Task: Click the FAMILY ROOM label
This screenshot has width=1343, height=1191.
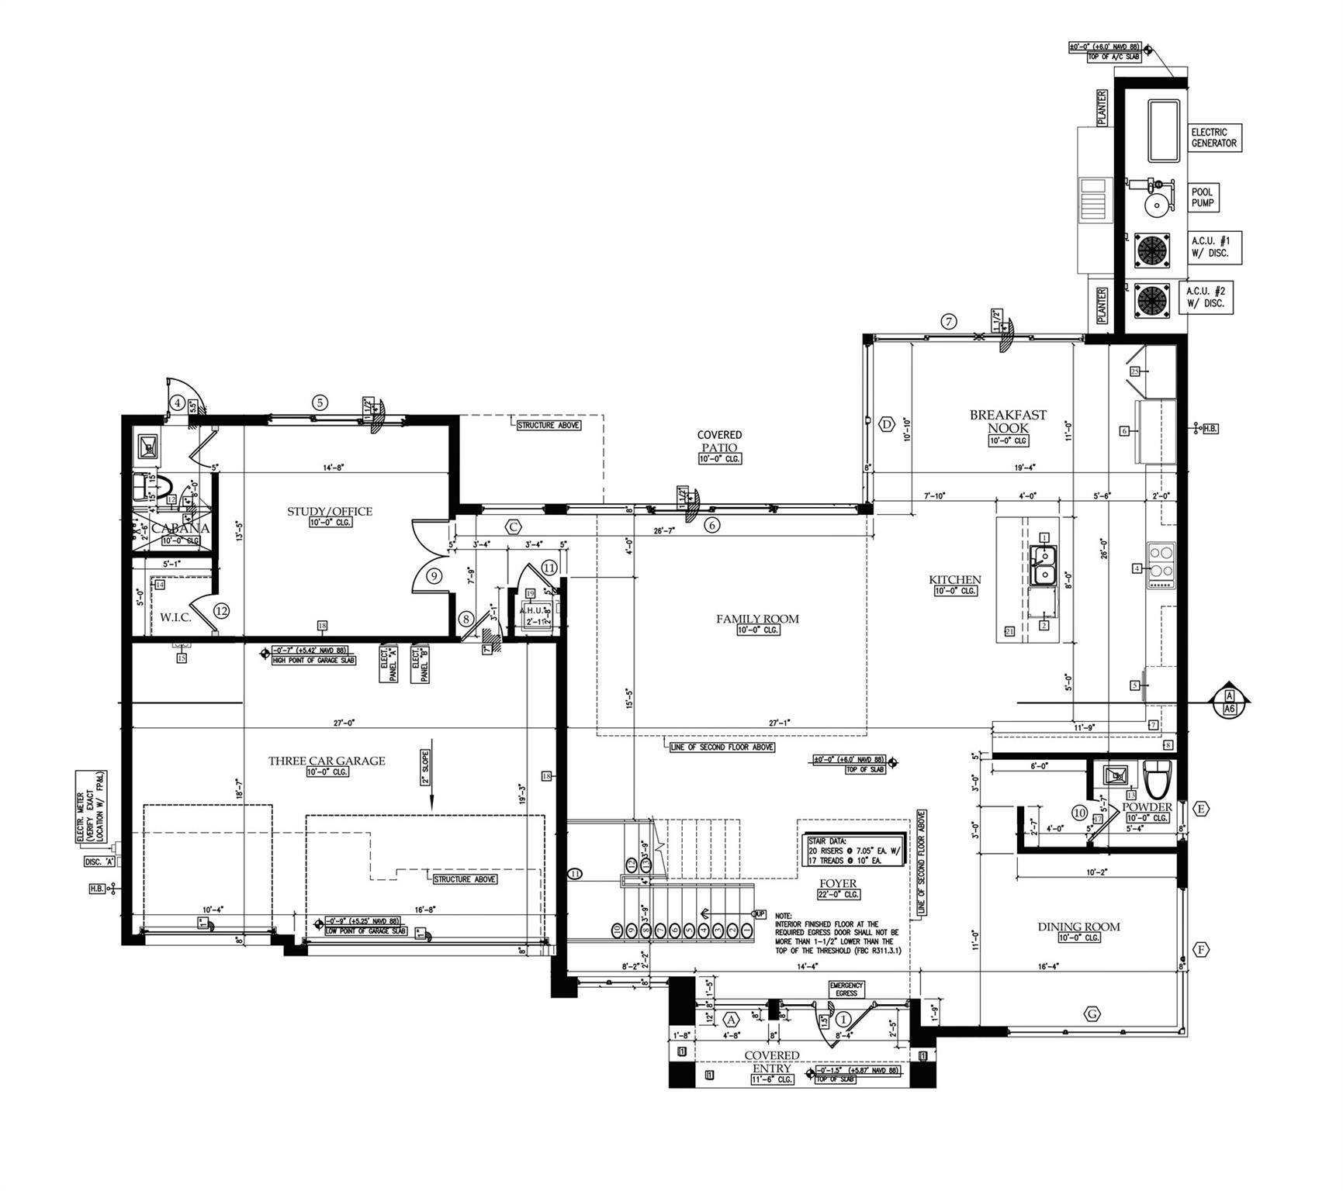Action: point(757,619)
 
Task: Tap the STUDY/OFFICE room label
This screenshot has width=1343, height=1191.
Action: point(330,512)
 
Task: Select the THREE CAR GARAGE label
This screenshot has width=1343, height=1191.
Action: point(327,761)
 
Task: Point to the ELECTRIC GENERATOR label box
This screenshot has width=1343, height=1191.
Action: point(1214,138)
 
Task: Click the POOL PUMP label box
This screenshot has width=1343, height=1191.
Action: point(1203,198)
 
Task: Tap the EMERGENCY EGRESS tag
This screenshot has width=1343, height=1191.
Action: point(846,989)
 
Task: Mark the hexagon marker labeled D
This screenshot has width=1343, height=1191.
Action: point(887,424)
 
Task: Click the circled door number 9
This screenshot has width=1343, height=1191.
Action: point(434,576)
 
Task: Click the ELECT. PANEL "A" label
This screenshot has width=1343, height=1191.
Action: point(389,664)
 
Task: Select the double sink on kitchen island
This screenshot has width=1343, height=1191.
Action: point(1044,565)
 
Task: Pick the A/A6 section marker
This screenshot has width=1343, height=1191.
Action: point(1229,703)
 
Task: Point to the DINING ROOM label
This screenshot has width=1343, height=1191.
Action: point(1078,927)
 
